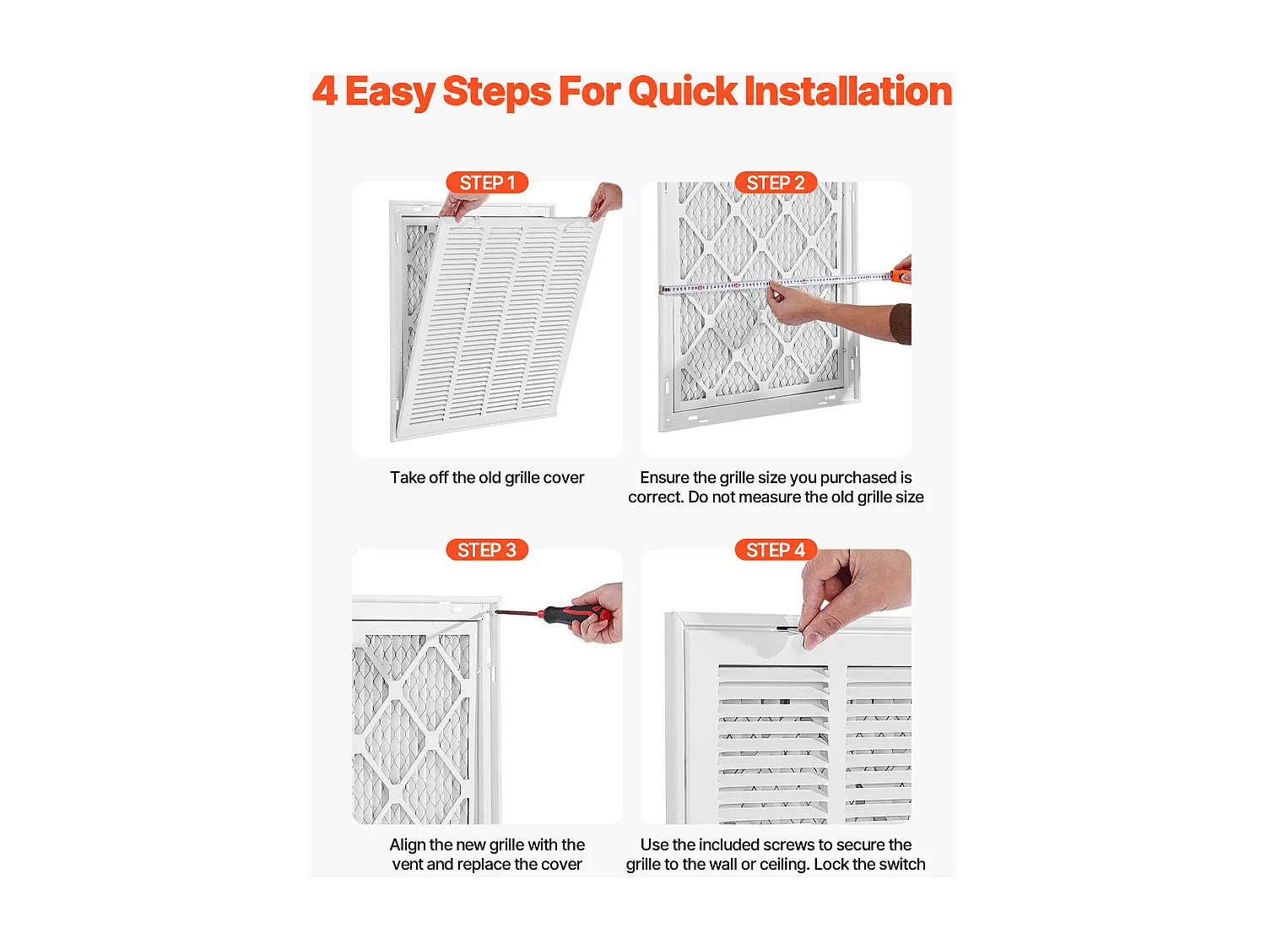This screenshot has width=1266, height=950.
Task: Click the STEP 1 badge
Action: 487,182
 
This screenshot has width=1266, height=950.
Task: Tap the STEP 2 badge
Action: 775,182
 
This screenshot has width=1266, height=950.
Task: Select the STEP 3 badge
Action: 487,550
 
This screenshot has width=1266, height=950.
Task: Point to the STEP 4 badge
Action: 775,550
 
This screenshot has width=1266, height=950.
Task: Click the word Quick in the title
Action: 682,91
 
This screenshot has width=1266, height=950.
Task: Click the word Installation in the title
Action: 848,90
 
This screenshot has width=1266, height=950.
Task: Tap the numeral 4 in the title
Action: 325,91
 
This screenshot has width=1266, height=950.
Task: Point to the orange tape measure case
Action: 901,276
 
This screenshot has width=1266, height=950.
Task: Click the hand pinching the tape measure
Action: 798,303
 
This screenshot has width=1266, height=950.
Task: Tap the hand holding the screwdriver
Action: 598,613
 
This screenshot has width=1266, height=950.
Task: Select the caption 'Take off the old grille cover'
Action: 487,478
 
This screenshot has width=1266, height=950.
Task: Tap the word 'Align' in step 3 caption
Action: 407,845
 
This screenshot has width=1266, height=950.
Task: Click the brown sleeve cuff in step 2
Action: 901,324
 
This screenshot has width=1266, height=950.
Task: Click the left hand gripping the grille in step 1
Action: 464,204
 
